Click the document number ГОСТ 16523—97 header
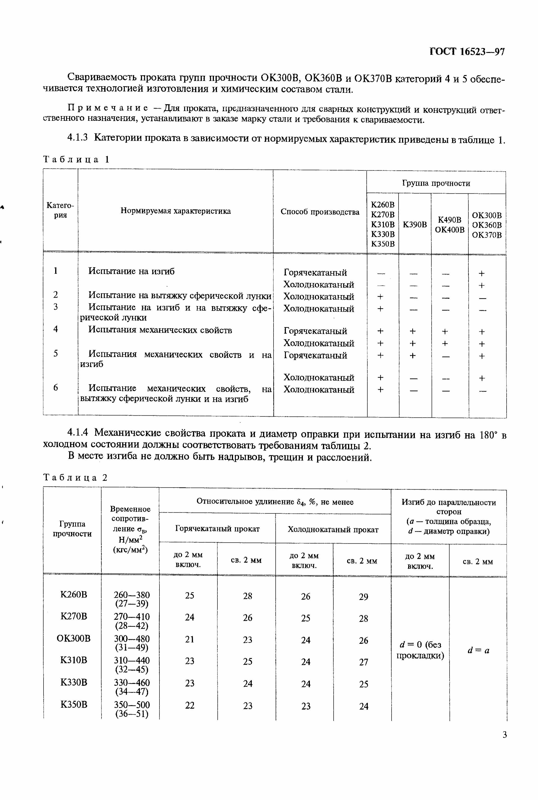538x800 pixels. pyautogui.click(x=467, y=52)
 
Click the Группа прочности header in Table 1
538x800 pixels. pyautogui.click(x=436, y=183)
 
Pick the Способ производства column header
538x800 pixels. pyautogui.click(x=320, y=212)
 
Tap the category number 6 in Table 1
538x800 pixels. pyautogui.click(x=56, y=387)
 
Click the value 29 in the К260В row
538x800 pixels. pyautogui.click(x=363, y=597)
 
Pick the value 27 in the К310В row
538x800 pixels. pyautogui.click(x=363, y=661)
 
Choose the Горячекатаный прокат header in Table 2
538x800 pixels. pyautogui.click(x=217, y=529)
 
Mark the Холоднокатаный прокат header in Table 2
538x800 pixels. pyautogui.click(x=333, y=529)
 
